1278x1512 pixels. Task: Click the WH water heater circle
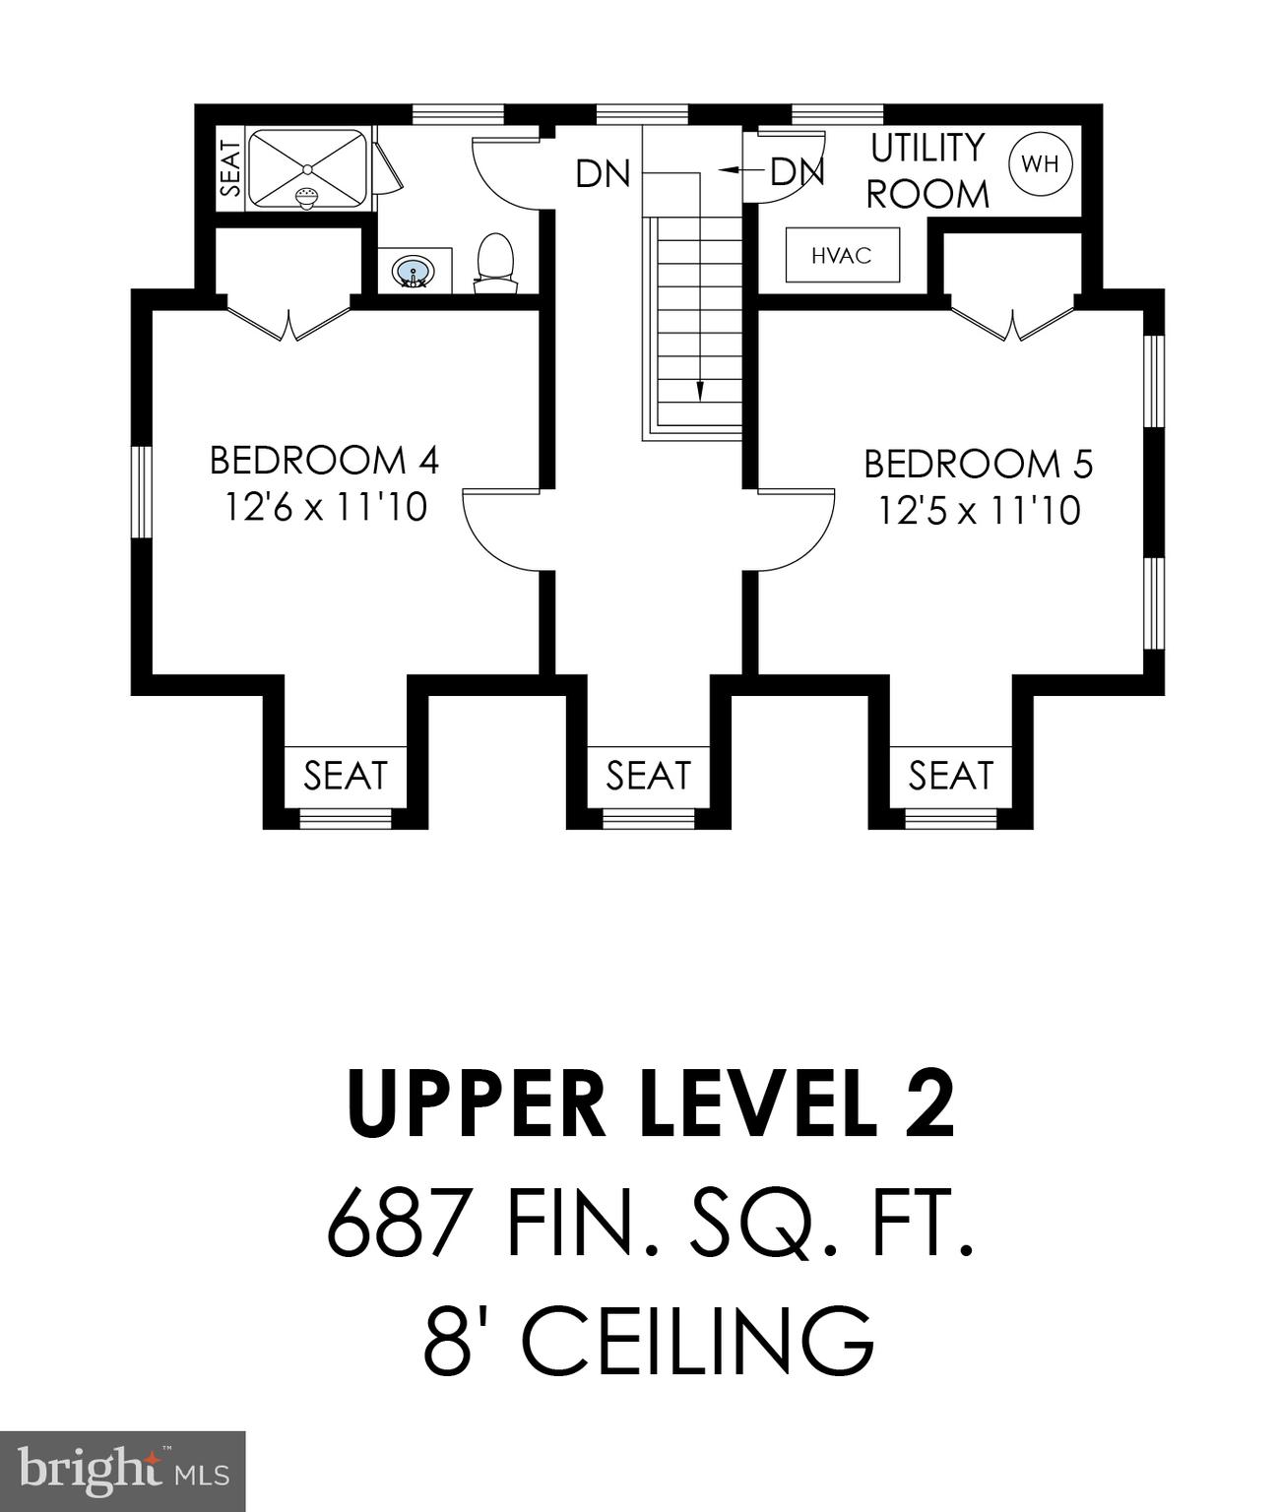pyautogui.click(x=1041, y=164)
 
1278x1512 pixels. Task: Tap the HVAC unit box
pyautogui.click(x=842, y=256)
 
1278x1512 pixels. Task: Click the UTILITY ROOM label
pyautogui.click(x=927, y=171)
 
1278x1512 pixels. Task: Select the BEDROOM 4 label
pyautogui.click(x=324, y=460)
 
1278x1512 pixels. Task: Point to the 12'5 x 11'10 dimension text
pyautogui.click(x=980, y=511)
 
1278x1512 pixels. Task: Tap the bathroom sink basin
pyautogui.click(x=412, y=270)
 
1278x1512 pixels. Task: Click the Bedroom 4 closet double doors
pyautogui.click(x=288, y=321)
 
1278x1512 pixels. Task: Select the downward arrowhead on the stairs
pyautogui.click(x=701, y=392)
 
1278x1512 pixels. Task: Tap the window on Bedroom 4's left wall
pyautogui.click(x=143, y=491)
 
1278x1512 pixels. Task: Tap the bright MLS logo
pyautogui.click(x=123, y=1471)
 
